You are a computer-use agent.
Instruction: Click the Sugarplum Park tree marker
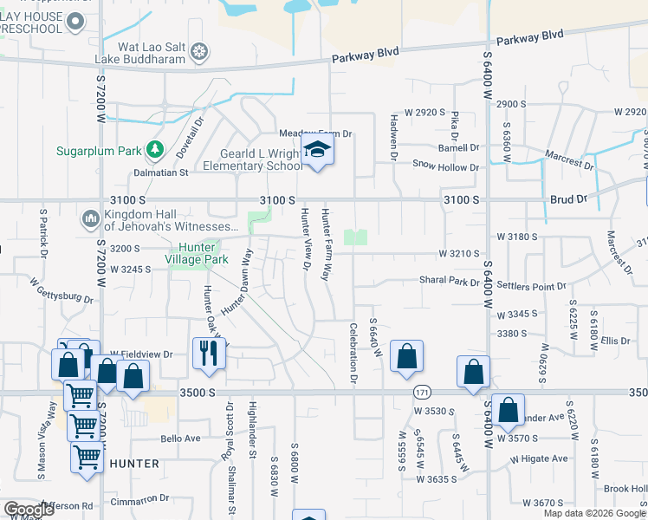point(155,150)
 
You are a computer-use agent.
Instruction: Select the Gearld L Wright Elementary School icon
point(318,152)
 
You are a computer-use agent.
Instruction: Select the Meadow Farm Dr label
point(315,133)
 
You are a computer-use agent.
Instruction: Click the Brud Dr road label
point(568,199)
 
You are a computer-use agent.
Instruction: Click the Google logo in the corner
point(29,509)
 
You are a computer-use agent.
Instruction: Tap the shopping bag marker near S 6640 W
point(406,356)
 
